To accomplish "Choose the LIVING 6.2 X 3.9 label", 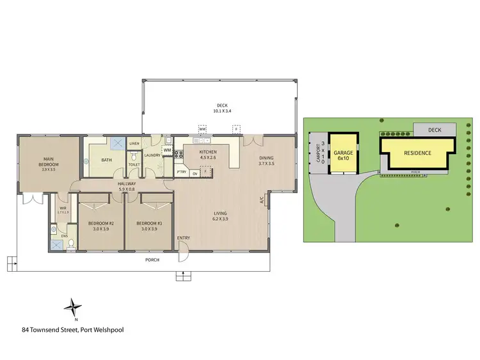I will point(220,215).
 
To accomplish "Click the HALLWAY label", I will point(127,186).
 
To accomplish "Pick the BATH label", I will point(106,160).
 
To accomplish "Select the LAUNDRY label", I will point(152,155).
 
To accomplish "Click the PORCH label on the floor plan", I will point(152,260).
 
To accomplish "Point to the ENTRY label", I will point(184,238).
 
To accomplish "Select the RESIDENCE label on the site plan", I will point(417,153).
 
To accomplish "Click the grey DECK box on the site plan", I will point(435,130).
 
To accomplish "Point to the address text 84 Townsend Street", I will point(72,330).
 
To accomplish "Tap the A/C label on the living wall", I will point(262,200).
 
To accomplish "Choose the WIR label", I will point(62,208).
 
